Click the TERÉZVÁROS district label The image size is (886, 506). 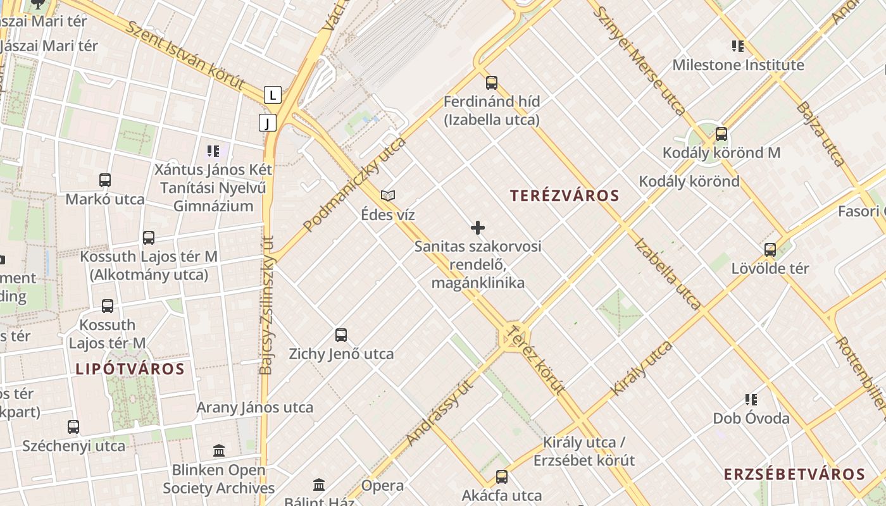tap(565, 196)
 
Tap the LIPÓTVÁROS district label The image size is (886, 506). tap(130, 369)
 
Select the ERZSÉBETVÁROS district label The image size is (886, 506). tap(794, 475)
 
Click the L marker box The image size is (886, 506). tap(272, 96)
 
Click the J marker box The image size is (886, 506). tap(268, 123)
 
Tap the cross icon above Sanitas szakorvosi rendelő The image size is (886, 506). tap(478, 228)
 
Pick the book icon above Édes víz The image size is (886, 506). tap(388, 196)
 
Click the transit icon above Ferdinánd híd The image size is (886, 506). tap(492, 83)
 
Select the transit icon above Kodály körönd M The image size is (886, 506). tap(721, 134)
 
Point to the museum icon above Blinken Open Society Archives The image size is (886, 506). tap(219, 451)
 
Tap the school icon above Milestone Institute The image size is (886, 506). tap(737, 46)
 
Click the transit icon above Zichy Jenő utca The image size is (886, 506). tap(341, 335)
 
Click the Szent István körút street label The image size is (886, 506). tap(185, 55)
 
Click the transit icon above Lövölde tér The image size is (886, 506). tap(770, 250)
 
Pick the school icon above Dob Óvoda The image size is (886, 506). tap(751, 400)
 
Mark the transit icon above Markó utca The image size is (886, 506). tap(105, 180)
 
